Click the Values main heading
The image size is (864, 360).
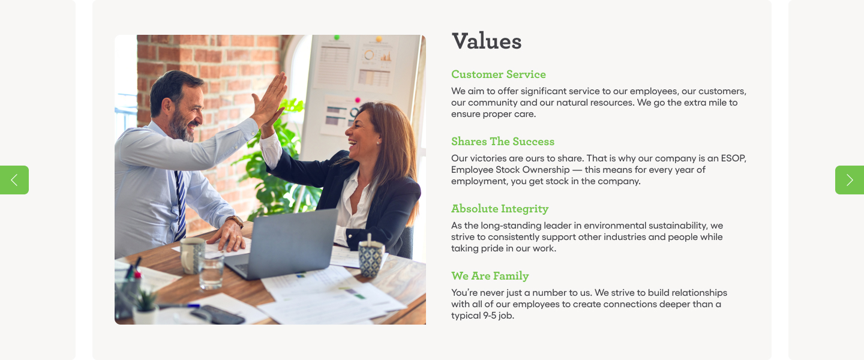[487, 41]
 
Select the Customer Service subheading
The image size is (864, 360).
[499, 74]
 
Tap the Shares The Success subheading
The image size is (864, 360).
[503, 141]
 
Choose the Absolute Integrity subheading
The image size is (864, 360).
[500, 209]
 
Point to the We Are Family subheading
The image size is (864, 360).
[490, 276]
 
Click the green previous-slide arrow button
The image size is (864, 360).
[14, 180]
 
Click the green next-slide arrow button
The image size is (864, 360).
[850, 180]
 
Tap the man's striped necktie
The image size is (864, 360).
[180, 205]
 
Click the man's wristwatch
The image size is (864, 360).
[235, 221]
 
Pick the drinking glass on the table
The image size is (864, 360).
[211, 271]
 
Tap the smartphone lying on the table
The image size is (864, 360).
[217, 315]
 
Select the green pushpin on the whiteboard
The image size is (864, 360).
[337, 37]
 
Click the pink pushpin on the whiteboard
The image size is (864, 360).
[358, 100]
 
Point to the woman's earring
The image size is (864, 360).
[377, 143]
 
